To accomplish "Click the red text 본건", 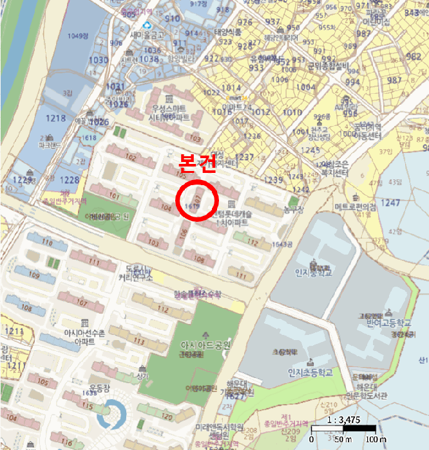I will [x=196, y=166].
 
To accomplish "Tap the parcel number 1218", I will [x=56, y=118].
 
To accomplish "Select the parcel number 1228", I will [x=70, y=180].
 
